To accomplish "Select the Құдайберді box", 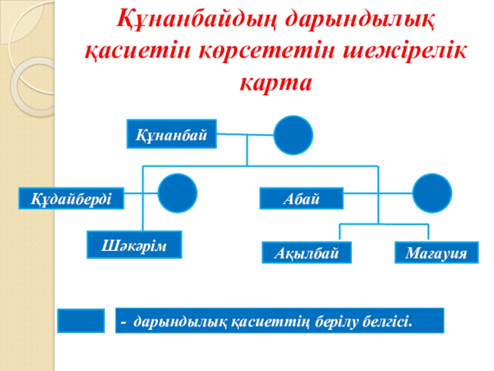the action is (72, 199).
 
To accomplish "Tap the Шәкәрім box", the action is (135, 244).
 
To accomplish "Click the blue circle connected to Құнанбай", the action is (293, 135).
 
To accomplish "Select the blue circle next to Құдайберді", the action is (177, 193).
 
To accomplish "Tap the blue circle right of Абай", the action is (432, 193).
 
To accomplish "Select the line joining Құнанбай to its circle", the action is (246, 134).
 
